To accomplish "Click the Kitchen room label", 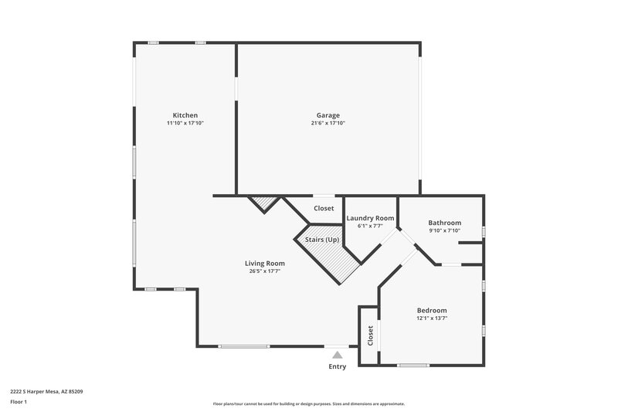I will (x=185, y=115).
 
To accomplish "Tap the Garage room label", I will (x=328, y=115).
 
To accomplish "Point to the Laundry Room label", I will (x=370, y=218).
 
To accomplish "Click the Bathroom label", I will (x=444, y=223).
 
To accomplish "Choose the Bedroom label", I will (x=432, y=310).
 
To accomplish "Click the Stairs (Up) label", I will (x=321, y=240).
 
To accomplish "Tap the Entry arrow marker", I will (x=337, y=355).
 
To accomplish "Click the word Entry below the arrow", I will (x=337, y=366).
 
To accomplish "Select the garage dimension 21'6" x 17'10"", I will (x=328, y=123).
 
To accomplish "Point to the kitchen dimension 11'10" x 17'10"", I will (x=185, y=123).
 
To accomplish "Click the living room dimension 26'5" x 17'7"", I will (x=264, y=271).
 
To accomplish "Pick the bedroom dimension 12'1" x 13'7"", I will (x=432, y=318).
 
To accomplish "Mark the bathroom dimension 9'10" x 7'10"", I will (x=444, y=230).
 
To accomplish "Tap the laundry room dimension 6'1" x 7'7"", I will (x=370, y=226).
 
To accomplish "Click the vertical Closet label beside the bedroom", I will (x=370, y=335).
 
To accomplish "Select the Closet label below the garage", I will (x=324, y=209).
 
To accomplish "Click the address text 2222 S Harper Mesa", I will (x=46, y=391).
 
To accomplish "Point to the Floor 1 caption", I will (x=19, y=402).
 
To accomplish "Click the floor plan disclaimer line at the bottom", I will (x=308, y=403).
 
